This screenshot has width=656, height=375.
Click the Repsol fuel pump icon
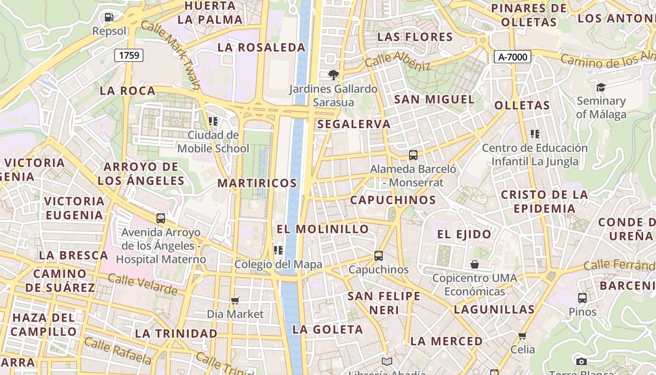click(x=109, y=17)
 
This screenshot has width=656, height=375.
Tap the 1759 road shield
click(x=129, y=55)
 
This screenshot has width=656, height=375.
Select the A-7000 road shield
click(x=513, y=57)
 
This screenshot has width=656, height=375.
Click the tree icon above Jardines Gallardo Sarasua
click(x=333, y=75)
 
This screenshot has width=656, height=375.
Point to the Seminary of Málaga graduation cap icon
click(x=601, y=87)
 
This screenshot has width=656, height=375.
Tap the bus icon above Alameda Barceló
click(x=413, y=155)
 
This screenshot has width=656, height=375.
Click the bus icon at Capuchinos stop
click(x=379, y=256)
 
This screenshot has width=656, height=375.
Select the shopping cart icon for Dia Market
click(x=235, y=300)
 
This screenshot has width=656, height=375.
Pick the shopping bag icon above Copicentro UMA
click(x=475, y=264)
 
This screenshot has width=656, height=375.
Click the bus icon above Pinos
click(x=582, y=298)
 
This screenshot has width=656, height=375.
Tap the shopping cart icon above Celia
click(x=522, y=336)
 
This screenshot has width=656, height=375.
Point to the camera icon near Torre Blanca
click(x=581, y=361)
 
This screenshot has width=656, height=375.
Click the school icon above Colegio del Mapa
click(x=278, y=250)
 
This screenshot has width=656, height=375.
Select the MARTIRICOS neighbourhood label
click(x=257, y=183)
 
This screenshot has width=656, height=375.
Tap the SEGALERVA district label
click(x=354, y=124)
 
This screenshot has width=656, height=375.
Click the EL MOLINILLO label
click(x=323, y=229)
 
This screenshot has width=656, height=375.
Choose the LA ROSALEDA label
click(x=261, y=47)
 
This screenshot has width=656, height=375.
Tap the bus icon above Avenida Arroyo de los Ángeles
click(x=161, y=218)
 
